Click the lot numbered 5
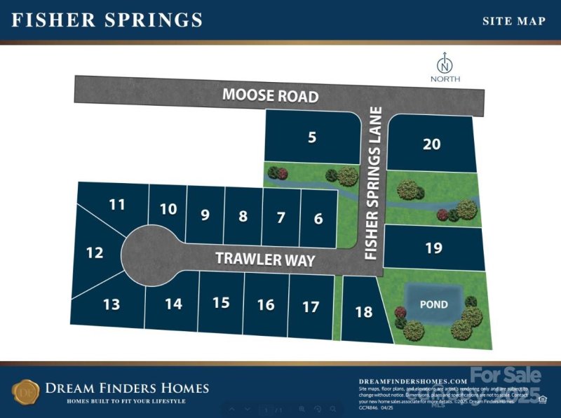311,137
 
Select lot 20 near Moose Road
432,144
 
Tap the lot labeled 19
434,248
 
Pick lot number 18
363,312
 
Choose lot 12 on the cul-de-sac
94,252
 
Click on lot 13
111,304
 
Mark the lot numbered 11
116,205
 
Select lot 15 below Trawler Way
221,303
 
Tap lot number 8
243,216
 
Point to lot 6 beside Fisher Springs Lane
318,219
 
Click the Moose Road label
271,95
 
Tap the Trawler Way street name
265,259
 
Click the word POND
433,305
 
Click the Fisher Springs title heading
107,20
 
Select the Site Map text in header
513,21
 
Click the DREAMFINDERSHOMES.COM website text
412,380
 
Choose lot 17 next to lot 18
310,306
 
